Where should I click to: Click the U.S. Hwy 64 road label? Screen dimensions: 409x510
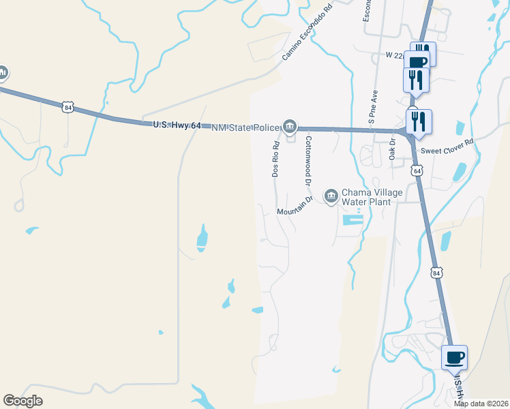[x=176, y=125]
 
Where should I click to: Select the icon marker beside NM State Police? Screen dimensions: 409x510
[x=290, y=126]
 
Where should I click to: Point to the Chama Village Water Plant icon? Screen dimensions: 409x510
[x=331, y=196]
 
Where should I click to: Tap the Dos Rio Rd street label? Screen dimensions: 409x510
[x=276, y=160]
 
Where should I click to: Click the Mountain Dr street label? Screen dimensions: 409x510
[x=294, y=205]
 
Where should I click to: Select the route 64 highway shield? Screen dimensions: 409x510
[x=417, y=170]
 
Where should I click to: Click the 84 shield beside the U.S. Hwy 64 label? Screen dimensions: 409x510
[x=67, y=107]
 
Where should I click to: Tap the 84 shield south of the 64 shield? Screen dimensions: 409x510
[x=436, y=273]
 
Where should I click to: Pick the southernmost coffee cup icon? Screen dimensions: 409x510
[x=454, y=357]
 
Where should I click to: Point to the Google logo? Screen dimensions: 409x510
[x=22, y=401]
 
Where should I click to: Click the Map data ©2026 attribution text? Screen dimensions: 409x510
[x=481, y=404]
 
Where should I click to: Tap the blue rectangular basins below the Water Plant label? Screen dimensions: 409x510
[x=352, y=220]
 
